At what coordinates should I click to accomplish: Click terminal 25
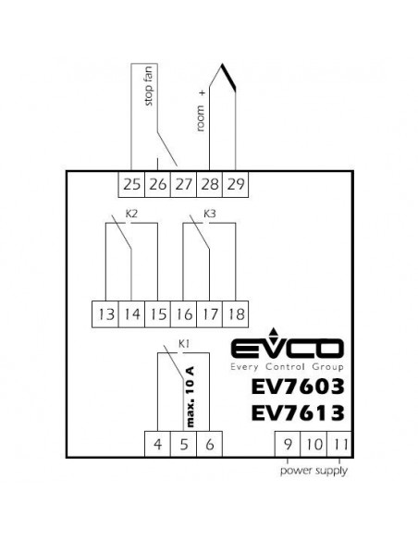131,184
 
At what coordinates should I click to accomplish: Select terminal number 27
183,184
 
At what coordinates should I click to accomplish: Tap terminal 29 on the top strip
236,184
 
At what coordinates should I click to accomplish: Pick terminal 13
105,314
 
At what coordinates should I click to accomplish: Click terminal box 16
183,314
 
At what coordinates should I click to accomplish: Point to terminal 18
236,314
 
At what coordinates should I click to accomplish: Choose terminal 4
158,444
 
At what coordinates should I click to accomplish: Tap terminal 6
210,444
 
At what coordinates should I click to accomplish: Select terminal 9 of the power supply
288,444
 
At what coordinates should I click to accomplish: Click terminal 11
339,444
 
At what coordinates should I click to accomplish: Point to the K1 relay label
184,343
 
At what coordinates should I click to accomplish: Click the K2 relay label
131,214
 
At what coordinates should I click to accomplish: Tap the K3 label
210,214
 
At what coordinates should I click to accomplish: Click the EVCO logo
288,350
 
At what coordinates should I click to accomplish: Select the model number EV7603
298,387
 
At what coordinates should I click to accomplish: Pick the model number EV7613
298,413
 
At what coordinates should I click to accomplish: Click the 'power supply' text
313,471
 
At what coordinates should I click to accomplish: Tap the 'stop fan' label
148,86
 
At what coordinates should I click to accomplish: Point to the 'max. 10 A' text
190,397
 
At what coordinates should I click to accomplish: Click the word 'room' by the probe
201,118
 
